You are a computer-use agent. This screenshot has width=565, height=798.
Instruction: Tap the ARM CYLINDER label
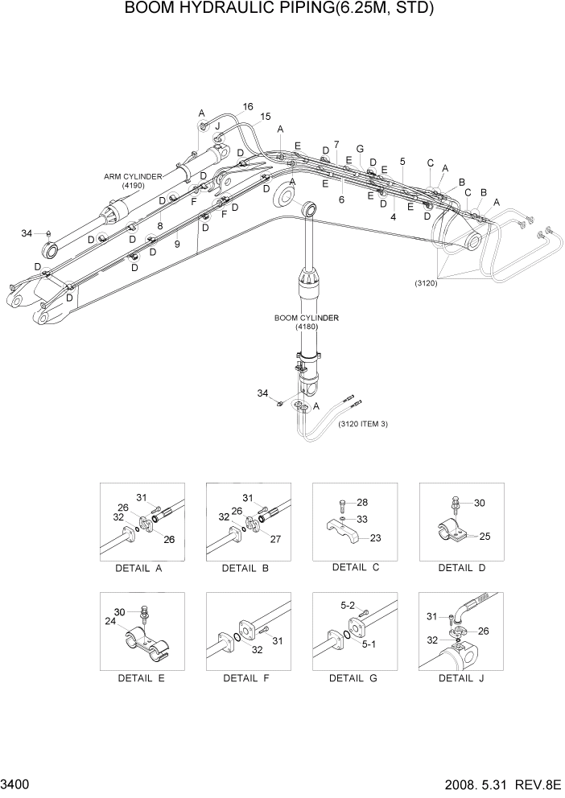click(x=133, y=175)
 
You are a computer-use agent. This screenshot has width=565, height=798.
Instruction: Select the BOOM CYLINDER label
click(x=305, y=318)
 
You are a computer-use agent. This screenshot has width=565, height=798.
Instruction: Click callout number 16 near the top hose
click(x=247, y=107)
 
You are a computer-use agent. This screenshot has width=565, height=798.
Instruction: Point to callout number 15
click(x=265, y=117)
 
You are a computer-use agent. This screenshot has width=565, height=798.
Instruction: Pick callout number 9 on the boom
click(x=176, y=243)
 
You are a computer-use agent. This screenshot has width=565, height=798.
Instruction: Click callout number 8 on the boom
click(x=159, y=227)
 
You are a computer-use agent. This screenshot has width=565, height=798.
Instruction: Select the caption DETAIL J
click(x=460, y=677)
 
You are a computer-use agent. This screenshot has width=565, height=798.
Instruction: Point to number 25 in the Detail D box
click(x=485, y=535)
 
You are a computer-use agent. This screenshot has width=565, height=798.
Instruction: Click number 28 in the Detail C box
click(x=362, y=502)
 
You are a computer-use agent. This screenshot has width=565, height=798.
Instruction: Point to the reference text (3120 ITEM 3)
click(x=363, y=424)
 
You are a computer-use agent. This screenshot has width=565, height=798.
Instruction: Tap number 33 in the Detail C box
click(x=362, y=519)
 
